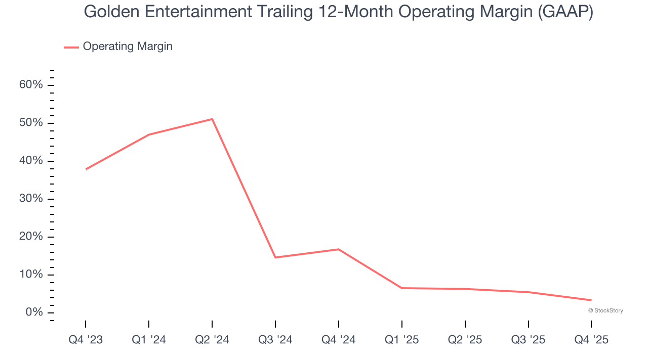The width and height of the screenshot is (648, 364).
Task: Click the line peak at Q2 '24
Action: pos(212,119)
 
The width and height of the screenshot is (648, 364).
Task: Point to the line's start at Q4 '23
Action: pos(86,169)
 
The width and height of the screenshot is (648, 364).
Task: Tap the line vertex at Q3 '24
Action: pos(275,257)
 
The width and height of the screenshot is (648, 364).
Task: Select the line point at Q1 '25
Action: pos(402,288)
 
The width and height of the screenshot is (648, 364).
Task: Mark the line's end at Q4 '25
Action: pos(591,300)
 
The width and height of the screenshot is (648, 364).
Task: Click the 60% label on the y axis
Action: pos(31,85)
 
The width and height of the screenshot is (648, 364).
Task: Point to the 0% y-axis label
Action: pos(34,312)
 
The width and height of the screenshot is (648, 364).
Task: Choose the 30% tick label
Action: pos(31,199)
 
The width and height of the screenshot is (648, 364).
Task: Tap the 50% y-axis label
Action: pos(31,123)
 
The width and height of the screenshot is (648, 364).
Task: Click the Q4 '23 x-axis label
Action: pos(86,340)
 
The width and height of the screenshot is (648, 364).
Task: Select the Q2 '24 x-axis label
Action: pos(212,340)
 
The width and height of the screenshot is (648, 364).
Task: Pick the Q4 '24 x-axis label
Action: pos(338,340)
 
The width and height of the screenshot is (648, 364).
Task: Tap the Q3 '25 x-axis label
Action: pos(528,340)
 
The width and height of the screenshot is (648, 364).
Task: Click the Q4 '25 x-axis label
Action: pos(591,340)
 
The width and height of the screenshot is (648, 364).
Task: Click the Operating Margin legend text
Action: pos(128,47)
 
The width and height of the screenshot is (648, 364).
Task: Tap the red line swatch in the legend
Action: pos(71,47)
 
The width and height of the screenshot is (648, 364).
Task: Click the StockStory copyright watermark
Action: pos(605,310)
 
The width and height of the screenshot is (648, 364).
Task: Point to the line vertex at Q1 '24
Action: pos(149,134)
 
